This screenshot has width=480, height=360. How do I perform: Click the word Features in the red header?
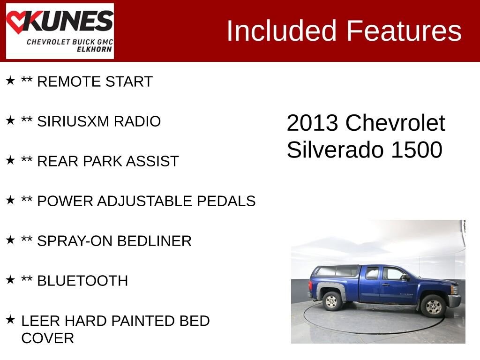click(x=404, y=31)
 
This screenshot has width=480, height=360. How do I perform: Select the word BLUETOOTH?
click(x=82, y=281)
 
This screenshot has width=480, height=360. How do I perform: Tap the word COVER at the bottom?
click(x=48, y=338)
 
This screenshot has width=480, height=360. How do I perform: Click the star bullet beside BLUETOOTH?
click(x=10, y=279)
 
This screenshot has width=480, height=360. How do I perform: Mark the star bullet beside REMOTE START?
click(x=10, y=80)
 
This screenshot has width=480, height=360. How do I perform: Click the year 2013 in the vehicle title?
click(x=312, y=123)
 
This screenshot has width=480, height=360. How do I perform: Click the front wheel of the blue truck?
click(x=433, y=306)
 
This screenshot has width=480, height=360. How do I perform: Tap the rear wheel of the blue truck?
click(x=332, y=301)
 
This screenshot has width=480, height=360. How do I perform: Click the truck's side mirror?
click(x=405, y=277)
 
